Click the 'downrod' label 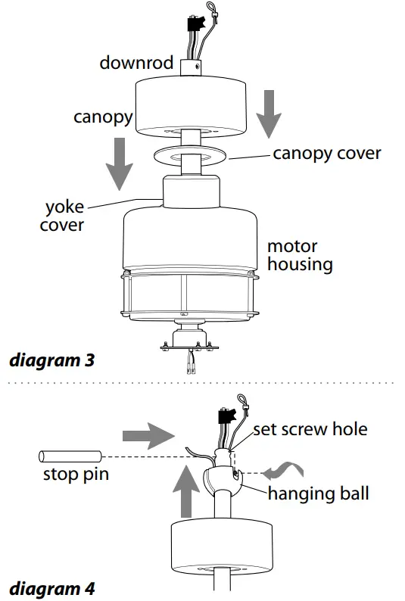[x=136, y=62]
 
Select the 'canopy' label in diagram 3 [x=103, y=117]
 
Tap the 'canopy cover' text [x=326, y=154]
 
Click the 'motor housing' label [x=299, y=255]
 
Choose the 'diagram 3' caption [x=51, y=360]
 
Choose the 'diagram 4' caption [x=51, y=587]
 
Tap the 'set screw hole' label [x=310, y=429]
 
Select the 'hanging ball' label [x=318, y=494]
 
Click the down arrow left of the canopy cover [x=116, y=163]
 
